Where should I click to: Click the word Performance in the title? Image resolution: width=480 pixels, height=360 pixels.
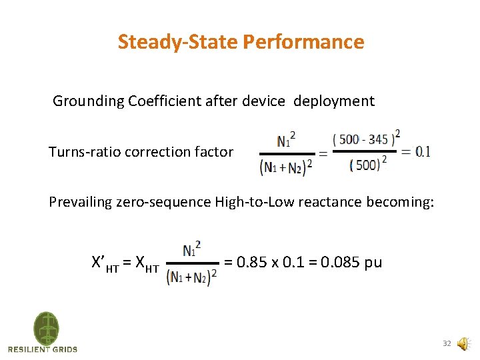coord(303,42)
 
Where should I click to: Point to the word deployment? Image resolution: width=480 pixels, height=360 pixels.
coord(334,101)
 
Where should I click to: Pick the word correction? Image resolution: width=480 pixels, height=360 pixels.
coord(160,152)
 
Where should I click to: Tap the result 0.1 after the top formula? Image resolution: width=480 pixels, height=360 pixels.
coord(423,151)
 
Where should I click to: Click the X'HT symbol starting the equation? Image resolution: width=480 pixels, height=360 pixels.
coord(107,263)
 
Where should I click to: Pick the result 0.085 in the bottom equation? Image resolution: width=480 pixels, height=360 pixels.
coord(340,262)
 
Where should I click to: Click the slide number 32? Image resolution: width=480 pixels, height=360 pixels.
coord(447,344)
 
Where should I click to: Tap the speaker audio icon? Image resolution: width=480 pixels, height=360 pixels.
coord(463,344)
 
